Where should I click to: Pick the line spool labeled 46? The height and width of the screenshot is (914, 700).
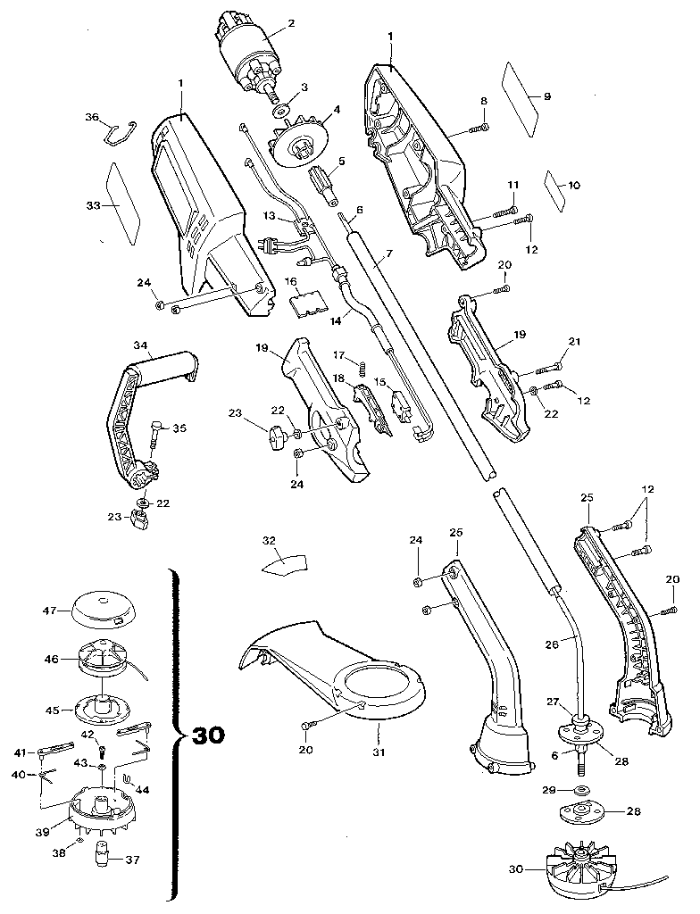pyautogui.click(x=104, y=661)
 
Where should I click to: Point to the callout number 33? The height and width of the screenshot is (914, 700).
pyautogui.click(x=92, y=206)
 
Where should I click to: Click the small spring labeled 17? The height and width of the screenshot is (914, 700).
pyautogui.click(x=363, y=367)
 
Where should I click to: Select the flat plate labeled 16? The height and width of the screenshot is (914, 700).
pyautogui.click(x=307, y=300)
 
